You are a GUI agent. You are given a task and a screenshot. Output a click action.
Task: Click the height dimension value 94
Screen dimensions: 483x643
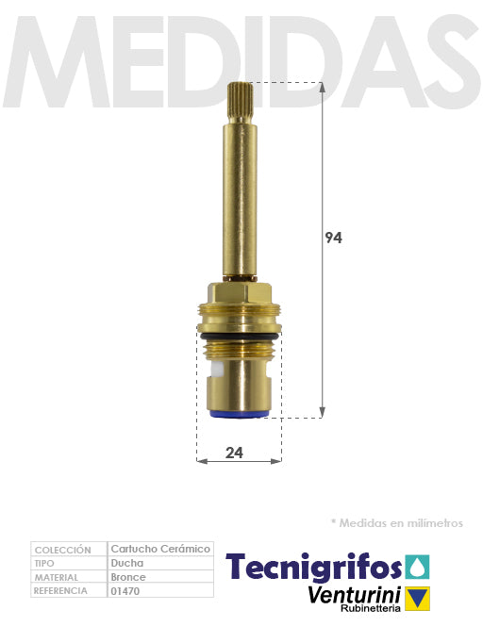(x=333, y=238)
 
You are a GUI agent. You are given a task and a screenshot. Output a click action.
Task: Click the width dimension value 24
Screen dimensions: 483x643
(x=234, y=453)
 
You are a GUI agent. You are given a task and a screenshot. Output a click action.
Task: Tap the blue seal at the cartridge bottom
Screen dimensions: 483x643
(x=240, y=414)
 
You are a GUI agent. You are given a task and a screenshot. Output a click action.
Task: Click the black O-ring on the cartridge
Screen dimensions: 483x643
(x=240, y=337)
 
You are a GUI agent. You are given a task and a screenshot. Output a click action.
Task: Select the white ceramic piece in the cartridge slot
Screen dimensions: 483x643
(x=217, y=369)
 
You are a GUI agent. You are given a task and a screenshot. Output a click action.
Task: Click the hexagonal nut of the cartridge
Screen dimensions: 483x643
(x=240, y=293)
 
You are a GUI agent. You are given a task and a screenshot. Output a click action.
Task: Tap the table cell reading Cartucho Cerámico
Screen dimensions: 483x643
(x=160, y=549)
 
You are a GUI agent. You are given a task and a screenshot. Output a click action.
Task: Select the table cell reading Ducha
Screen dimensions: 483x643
(x=127, y=563)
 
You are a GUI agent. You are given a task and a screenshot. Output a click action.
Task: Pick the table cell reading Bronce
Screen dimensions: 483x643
(x=128, y=577)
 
